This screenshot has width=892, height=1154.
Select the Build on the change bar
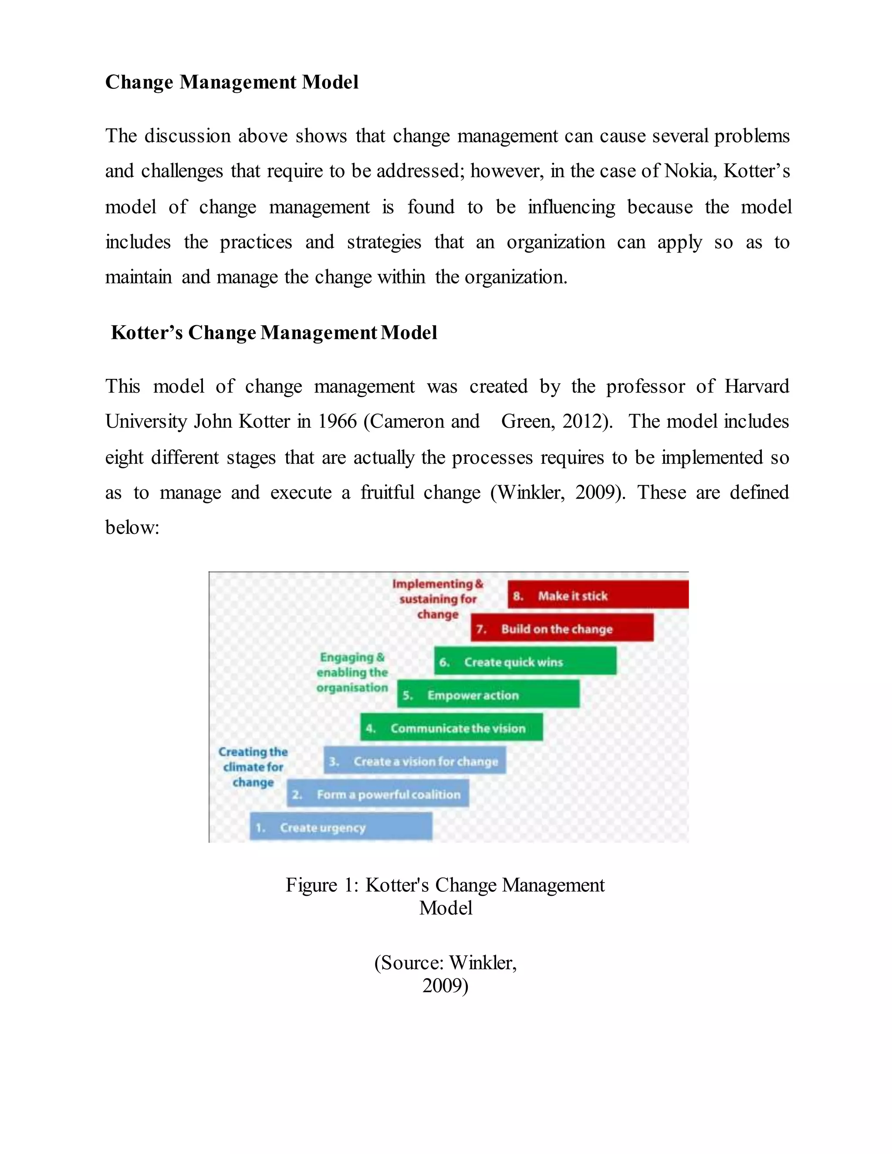[562, 628]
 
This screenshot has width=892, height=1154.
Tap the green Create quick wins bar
[525, 661]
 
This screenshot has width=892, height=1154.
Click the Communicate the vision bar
[451, 728]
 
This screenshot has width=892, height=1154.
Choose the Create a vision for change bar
[414, 761]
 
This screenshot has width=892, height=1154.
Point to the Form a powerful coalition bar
[377, 793]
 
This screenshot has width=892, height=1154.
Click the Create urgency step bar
[341, 827]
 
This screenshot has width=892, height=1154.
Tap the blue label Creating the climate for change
[253, 767]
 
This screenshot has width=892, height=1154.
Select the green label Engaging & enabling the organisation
[352, 672]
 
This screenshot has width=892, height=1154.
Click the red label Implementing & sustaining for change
[438, 599]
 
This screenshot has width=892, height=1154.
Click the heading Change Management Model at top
[231, 82]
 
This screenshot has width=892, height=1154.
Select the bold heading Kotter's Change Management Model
[274, 333]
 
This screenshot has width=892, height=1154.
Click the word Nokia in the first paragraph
[689, 171]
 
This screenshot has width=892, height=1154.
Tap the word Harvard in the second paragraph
[756, 386]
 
